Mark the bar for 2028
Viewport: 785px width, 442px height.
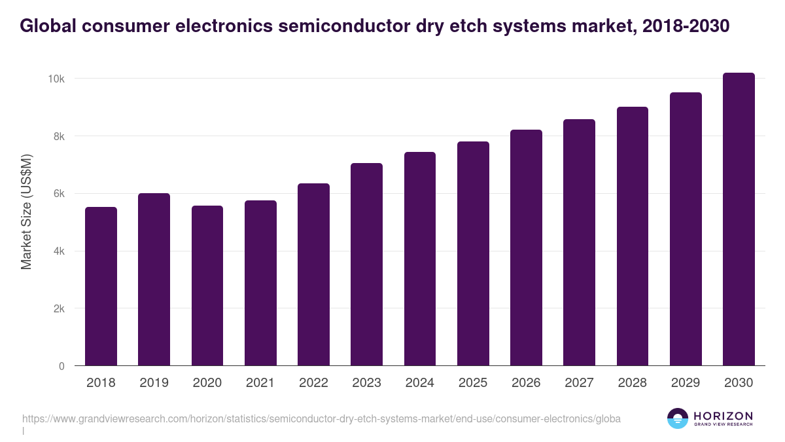(x=632, y=236)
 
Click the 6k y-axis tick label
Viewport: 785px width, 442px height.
(x=58, y=194)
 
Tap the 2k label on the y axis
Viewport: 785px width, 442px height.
(x=58, y=308)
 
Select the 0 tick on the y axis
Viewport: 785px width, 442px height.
(x=61, y=366)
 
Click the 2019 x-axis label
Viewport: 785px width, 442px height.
(x=154, y=383)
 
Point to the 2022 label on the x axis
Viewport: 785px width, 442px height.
(x=313, y=383)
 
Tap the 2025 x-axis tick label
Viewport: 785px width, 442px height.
(x=473, y=383)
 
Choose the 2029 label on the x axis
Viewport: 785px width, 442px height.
(x=686, y=383)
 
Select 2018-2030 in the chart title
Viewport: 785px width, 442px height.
(x=686, y=26)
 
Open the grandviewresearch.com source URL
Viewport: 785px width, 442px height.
(x=321, y=418)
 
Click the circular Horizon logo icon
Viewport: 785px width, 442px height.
(x=677, y=418)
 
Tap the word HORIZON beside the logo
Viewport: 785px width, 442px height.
(x=723, y=416)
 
